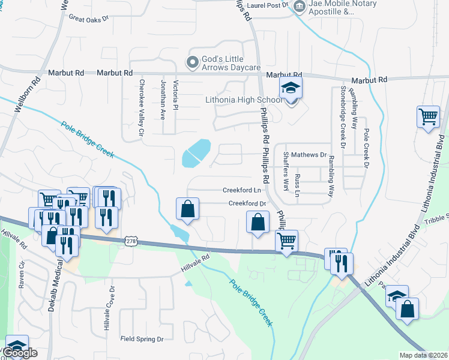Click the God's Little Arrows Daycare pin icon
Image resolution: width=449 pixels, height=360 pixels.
point(193,62)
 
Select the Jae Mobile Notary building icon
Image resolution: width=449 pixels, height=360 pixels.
point(299,6)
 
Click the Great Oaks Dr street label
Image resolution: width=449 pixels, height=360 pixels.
point(88,19)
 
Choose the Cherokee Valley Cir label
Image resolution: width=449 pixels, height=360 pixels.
point(142,106)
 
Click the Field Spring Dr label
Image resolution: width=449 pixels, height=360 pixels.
point(142,339)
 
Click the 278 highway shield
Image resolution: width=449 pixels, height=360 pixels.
point(131,241)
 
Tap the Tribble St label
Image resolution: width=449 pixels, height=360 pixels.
point(436,219)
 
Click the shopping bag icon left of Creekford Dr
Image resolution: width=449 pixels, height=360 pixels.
point(187,209)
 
